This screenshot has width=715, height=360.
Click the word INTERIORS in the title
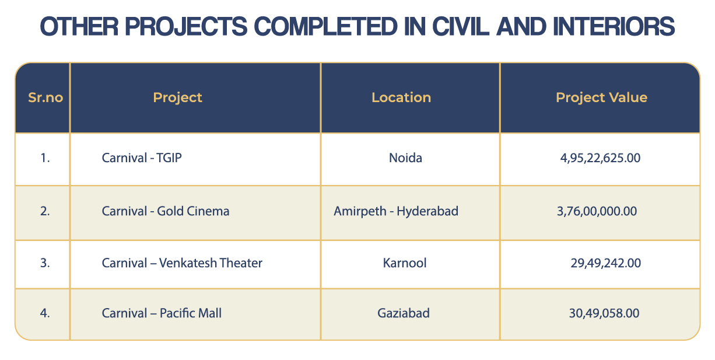point(614,26)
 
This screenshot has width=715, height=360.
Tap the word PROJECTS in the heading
point(186,26)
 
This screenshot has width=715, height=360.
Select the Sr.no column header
point(45,97)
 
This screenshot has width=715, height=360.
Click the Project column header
point(177,98)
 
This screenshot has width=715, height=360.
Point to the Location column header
point(401,97)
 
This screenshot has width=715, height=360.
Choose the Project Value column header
point(602,98)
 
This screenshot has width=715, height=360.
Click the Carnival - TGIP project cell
point(142,158)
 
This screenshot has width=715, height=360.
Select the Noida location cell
point(405,158)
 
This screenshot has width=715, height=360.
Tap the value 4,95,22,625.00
point(600,158)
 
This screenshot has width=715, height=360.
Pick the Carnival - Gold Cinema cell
point(166,211)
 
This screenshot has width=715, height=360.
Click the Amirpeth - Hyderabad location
point(396,211)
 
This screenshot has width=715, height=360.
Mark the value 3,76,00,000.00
point(597,211)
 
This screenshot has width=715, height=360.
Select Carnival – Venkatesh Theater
point(182,263)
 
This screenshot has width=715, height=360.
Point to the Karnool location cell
point(404,263)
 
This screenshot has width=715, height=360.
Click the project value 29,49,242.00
point(605,263)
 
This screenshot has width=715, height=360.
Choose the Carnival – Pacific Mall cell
point(162,313)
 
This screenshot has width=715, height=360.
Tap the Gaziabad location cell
point(404,313)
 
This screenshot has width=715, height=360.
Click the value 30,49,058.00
point(604,313)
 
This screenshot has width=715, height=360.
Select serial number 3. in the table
point(45,263)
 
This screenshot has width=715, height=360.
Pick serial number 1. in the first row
point(45,158)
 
